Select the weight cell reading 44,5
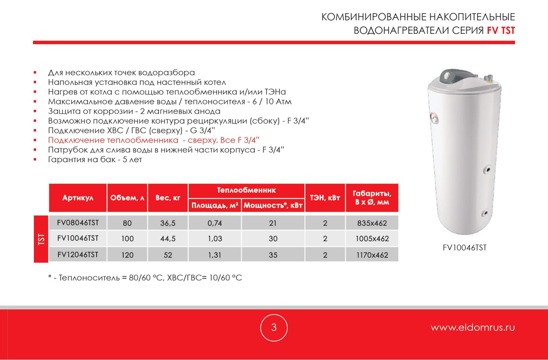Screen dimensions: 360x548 coord(168,239)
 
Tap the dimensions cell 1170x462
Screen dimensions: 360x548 coord(372,255)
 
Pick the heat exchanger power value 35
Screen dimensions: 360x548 coord(273,255)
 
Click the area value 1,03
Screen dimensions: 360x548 coord(214,239)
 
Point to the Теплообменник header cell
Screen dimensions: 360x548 coord(247,190)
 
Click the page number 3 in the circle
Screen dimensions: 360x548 coord(274,327)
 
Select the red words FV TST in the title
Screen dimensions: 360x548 coord(501,31)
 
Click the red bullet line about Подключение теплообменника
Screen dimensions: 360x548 coord(154,140)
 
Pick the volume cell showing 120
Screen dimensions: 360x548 coord(127,255)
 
